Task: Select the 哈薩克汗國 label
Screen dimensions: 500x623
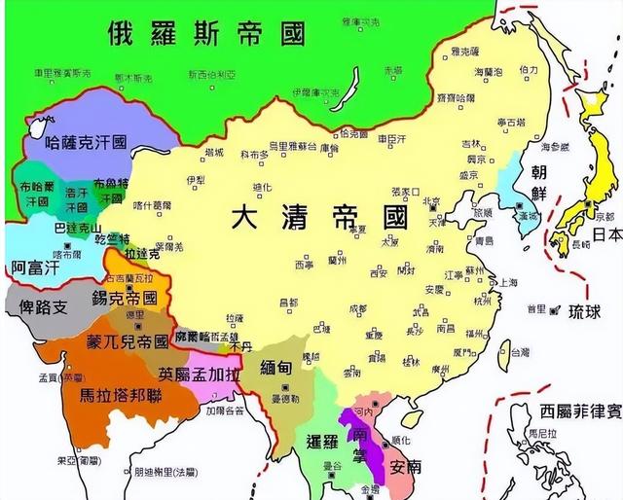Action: pos(87,142)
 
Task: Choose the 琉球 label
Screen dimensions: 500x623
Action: pos(585,311)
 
